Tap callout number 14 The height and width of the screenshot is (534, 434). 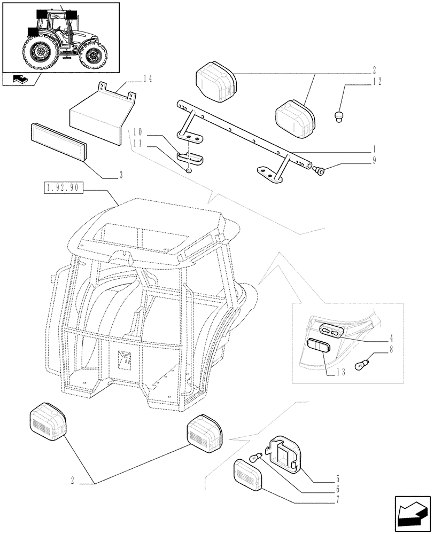[x=148, y=78]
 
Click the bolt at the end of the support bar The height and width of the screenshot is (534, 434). [x=320, y=170]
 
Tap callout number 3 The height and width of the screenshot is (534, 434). [x=121, y=175]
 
